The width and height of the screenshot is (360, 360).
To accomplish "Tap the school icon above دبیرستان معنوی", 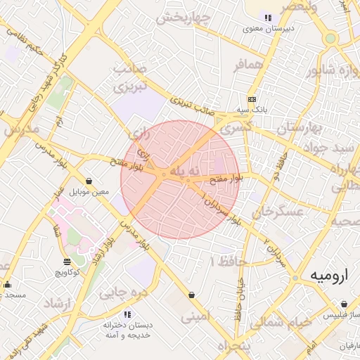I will (x=267, y=18).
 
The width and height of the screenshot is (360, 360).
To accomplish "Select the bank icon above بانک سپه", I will (x=252, y=100).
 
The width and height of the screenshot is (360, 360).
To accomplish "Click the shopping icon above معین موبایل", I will (x=89, y=181).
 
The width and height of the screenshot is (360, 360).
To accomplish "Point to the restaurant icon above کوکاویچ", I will (x=67, y=262).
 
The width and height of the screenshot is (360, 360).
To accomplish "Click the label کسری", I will (x=235, y=129).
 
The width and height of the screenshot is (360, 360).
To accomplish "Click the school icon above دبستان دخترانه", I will (x=127, y=314).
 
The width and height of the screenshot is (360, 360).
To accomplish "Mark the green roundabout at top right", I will (x=330, y=38).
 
